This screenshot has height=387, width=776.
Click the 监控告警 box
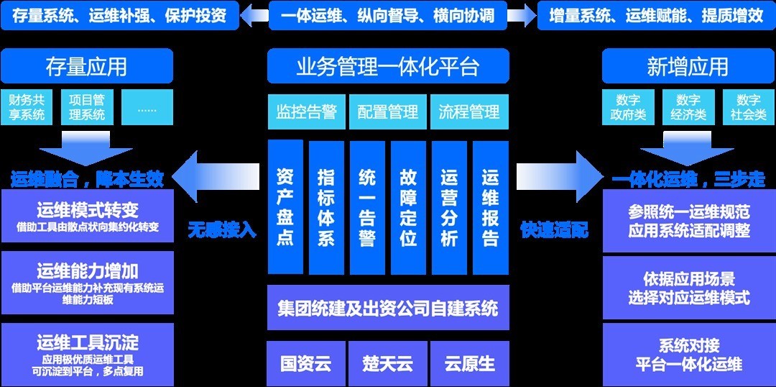(x=307, y=112)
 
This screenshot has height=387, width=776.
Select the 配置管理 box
(x=388, y=112)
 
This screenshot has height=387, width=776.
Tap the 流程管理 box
(x=469, y=112)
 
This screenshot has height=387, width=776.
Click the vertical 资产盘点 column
(x=285, y=207)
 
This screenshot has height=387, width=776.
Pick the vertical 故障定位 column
(x=408, y=207)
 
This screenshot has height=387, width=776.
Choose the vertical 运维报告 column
(x=491, y=207)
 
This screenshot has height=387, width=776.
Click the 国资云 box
(x=306, y=363)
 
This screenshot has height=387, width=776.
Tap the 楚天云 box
(x=388, y=363)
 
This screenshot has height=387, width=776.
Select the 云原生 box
(x=470, y=363)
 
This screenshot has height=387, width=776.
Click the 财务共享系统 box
(x=27, y=107)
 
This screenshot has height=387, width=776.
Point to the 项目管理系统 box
(x=87, y=107)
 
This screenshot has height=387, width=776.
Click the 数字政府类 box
(x=628, y=107)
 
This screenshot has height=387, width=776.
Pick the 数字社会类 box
(x=749, y=107)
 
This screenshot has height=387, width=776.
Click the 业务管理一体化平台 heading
(x=388, y=67)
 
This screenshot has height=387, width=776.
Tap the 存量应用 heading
(x=87, y=67)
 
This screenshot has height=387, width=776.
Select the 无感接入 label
(x=222, y=231)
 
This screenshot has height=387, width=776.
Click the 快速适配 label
(x=554, y=231)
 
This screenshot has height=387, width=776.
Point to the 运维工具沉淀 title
(x=88, y=342)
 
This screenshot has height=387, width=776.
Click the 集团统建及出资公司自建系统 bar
(x=388, y=309)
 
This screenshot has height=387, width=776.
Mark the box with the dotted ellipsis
(x=147, y=107)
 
